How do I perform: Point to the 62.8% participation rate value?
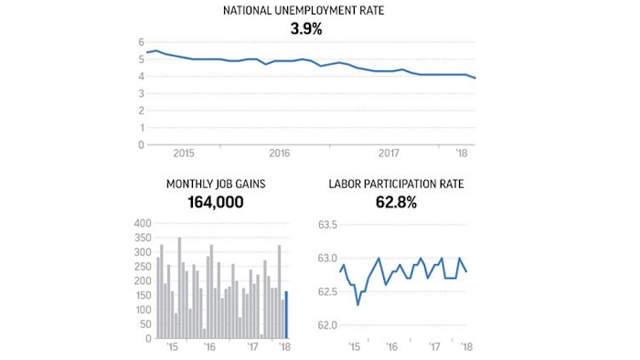[x=396, y=202]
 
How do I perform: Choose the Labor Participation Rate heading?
[x=396, y=184]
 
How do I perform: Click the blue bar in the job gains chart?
[x=286, y=314]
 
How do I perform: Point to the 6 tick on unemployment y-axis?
[x=142, y=42]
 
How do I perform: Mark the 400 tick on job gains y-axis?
[x=143, y=223]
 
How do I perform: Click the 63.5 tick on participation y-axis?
[x=328, y=225]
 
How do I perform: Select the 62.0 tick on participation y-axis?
[x=328, y=324]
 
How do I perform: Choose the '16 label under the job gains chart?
[x=210, y=347]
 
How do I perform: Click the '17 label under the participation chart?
[x=436, y=347]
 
